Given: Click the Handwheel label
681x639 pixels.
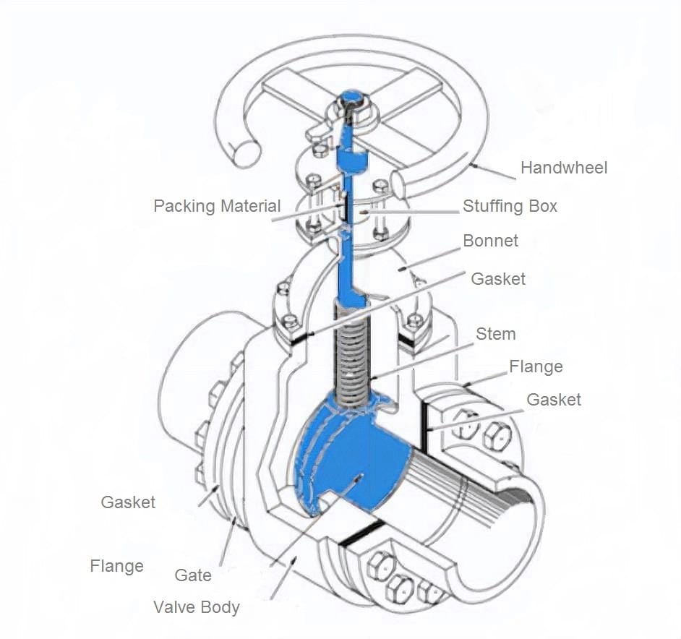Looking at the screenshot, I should tap(564, 168).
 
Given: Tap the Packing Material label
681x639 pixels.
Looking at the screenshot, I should tap(217, 206).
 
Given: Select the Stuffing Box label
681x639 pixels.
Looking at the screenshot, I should tap(510, 206).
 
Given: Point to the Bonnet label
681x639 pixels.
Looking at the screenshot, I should tap(490, 241).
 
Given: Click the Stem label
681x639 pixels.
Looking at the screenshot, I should tap(495, 334).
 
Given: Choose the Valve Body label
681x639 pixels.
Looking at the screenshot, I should tap(196, 607).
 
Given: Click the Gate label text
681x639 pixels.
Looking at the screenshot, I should tap(193, 575).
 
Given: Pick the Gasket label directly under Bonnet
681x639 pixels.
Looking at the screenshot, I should tap(498, 279).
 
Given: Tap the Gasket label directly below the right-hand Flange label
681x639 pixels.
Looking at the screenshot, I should tap(553, 400).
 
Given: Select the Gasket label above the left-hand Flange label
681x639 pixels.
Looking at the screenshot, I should tap(128, 502).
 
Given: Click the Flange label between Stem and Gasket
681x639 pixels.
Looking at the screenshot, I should tap(536, 367).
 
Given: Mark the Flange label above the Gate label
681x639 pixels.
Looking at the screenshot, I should tap(116, 565).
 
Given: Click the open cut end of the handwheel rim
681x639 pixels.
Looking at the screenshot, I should tap(244, 150).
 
